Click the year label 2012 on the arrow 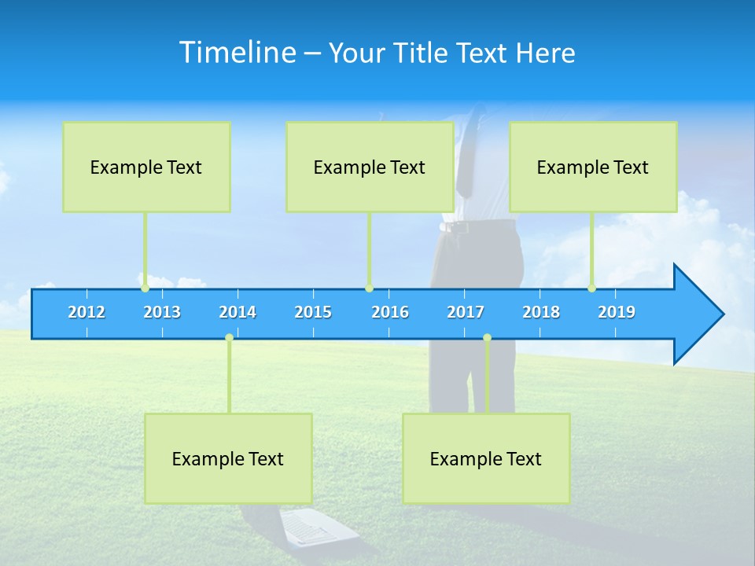point(87,312)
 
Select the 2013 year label point(162,312)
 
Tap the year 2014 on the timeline point(238,312)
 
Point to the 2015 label point(313,312)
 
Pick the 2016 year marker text point(390,312)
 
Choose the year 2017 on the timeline point(466,312)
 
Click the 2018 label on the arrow point(541,312)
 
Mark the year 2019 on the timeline point(617,312)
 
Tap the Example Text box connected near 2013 point(146,167)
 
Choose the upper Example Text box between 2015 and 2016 point(370,167)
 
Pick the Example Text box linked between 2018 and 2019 point(593,167)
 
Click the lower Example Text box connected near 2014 point(228,458)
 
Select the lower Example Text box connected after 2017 point(486,458)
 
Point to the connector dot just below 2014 point(229,337)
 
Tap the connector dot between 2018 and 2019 point(592,289)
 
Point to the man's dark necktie point(466,157)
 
